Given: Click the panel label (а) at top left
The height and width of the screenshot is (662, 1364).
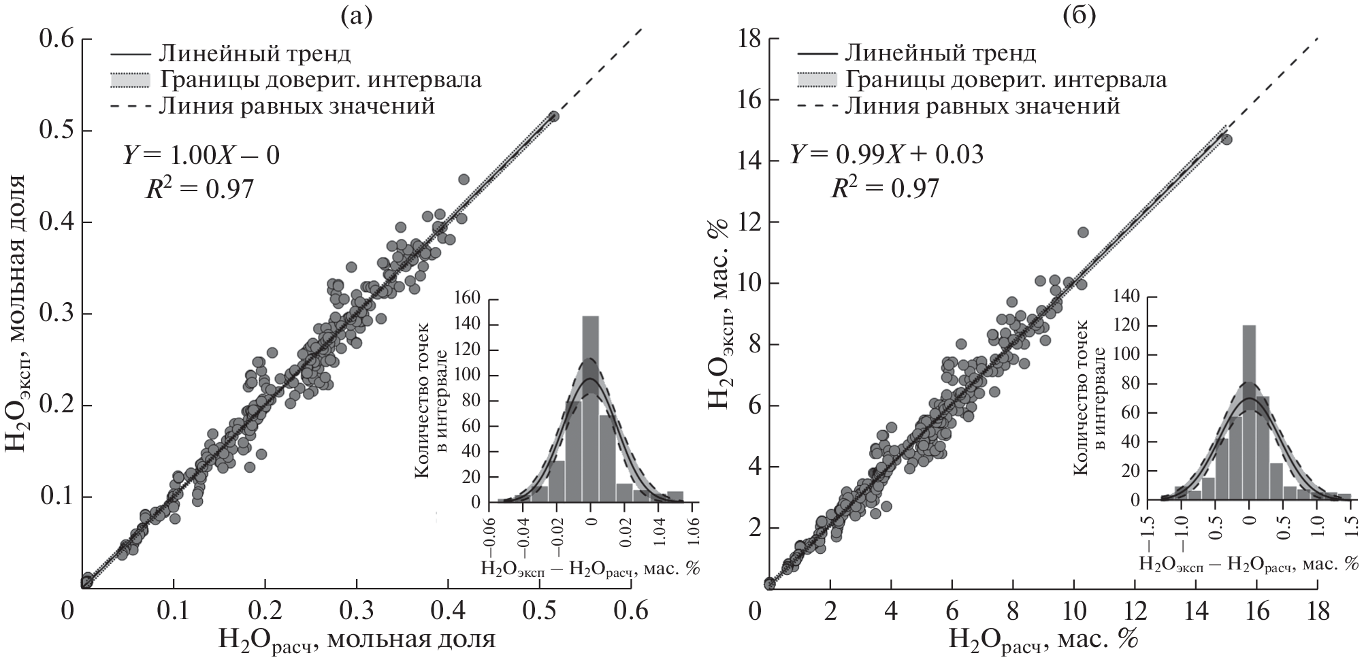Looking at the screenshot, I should tap(357, 16).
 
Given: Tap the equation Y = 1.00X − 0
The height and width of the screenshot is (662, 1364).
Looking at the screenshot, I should tap(201, 156).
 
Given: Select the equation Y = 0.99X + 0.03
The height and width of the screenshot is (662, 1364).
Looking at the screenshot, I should tap(887, 155).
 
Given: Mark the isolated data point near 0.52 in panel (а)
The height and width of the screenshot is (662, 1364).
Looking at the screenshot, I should tap(553, 116).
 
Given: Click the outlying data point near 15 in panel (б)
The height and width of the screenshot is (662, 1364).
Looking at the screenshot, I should tap(1227, 139).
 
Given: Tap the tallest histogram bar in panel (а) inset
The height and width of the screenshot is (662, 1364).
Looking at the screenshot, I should tap(591, 408).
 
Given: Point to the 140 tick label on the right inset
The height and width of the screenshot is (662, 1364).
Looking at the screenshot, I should tap(1124, 297).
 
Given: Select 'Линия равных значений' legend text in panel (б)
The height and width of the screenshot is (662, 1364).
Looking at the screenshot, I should tap(982, 106).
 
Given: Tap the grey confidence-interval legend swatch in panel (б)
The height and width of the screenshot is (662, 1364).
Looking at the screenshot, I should tap(815, 80).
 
